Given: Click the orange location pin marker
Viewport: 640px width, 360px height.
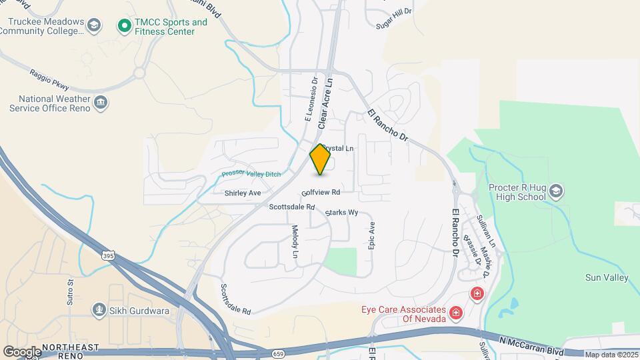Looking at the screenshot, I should [x=321, y=159].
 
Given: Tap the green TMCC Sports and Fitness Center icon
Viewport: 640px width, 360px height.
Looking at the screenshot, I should [x=123, y=26].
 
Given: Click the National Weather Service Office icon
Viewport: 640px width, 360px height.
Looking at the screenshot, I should [x=101, y=103].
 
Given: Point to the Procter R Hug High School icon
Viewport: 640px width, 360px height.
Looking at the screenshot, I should [x=555, y=193].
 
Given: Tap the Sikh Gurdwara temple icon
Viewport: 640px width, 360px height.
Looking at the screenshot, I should [x=99, y=310].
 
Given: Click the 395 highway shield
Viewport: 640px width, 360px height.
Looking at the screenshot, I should [x=109, y=256].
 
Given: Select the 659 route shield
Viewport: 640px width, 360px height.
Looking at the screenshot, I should [x=278, y=353].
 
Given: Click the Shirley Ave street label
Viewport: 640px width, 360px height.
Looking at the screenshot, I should [x=243, y=193].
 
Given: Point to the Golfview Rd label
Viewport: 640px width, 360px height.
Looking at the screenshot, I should [x=321, y=192].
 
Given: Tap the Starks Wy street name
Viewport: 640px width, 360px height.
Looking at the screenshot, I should [x=342, y=213].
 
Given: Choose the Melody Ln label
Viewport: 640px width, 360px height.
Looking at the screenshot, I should [x=295, y=241].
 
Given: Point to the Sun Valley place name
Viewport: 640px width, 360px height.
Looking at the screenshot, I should [x=607, y=277].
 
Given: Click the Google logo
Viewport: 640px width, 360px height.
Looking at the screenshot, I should [x=22, y=351].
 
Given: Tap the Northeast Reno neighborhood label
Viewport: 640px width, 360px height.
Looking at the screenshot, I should [x=71, y=351].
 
